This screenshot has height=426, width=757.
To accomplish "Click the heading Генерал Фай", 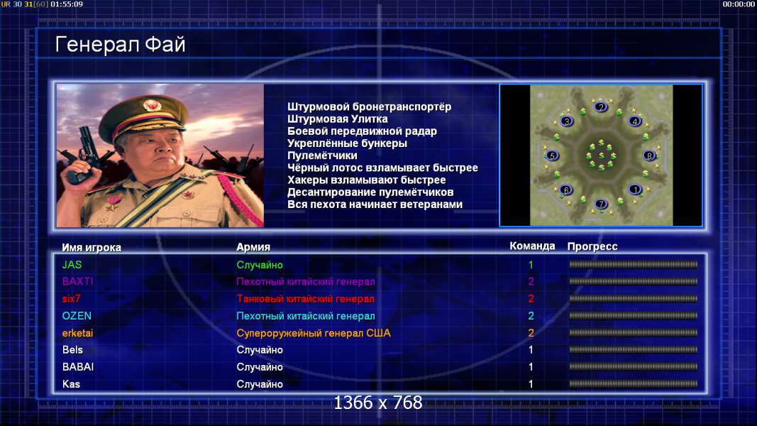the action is [x=120, y=45].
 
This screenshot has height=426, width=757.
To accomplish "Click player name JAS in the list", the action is [x=72, y=265].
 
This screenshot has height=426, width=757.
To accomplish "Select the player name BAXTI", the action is [x=78, y=282].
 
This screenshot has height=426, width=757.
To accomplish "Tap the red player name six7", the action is [x=72, y=299].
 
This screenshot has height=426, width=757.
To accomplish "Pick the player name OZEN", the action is [x=77, y=316].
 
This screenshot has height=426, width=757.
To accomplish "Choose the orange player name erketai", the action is [x=78, y=333].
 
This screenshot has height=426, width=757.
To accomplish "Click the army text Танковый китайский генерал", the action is [x=306, y=299].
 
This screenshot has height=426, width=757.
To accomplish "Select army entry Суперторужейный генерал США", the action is [x=314, y=333].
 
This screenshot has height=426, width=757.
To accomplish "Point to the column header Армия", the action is [x=253, y=247].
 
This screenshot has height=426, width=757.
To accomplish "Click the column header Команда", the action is [x=533, y=246].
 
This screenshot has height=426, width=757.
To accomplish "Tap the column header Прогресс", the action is [x=592, y=247].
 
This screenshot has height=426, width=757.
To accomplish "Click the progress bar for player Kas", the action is [x=634, y=384].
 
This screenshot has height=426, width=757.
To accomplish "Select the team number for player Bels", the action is [x=531, y=350].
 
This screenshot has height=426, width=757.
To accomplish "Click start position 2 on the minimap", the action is [x=601, y=106].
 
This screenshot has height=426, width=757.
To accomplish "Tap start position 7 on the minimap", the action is [x=601, y=204].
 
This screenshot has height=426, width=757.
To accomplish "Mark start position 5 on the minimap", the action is [x=552, y=155].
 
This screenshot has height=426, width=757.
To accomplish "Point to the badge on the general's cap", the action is [x=152, y=105].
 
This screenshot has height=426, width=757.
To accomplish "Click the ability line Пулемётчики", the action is [x=323, y=156].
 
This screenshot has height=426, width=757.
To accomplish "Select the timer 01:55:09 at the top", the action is [x=67, y=4].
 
